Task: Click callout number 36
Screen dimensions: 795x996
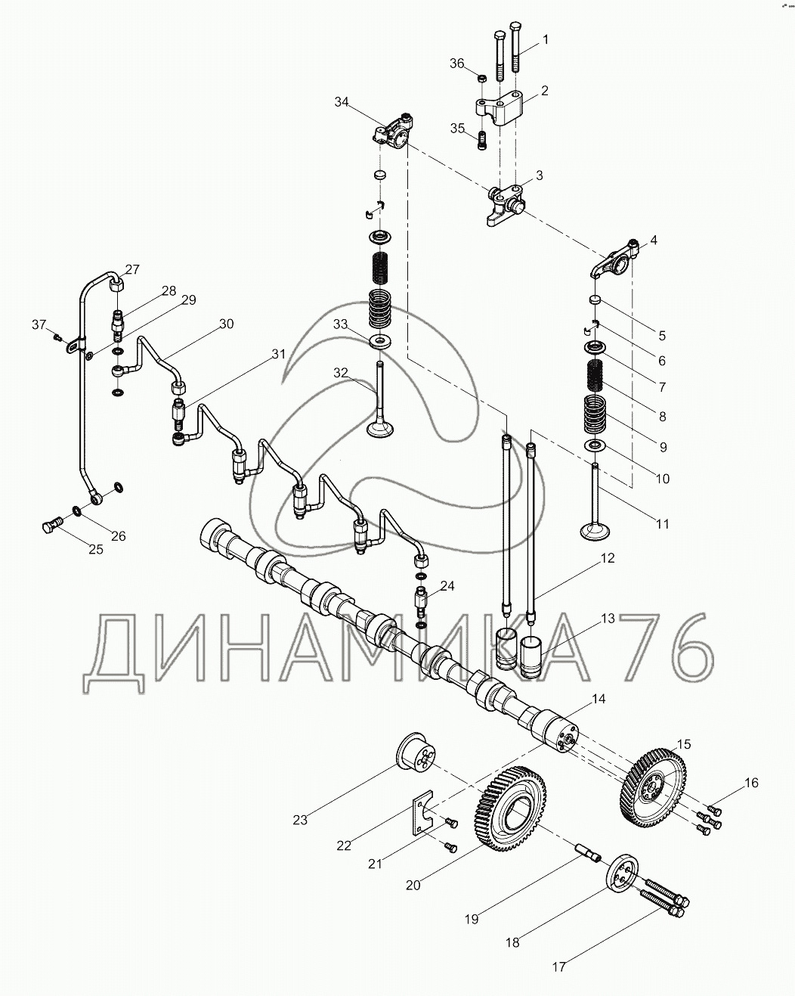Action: [457, 64]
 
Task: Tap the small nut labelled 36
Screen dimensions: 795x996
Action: [481, 78]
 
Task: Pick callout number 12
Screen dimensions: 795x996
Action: [608, 558]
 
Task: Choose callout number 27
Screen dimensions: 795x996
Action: [132, 269]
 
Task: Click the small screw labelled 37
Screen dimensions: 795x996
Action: [57, 337]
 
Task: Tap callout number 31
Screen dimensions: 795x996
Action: [278, 354]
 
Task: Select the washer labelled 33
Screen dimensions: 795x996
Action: [381, 342]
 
